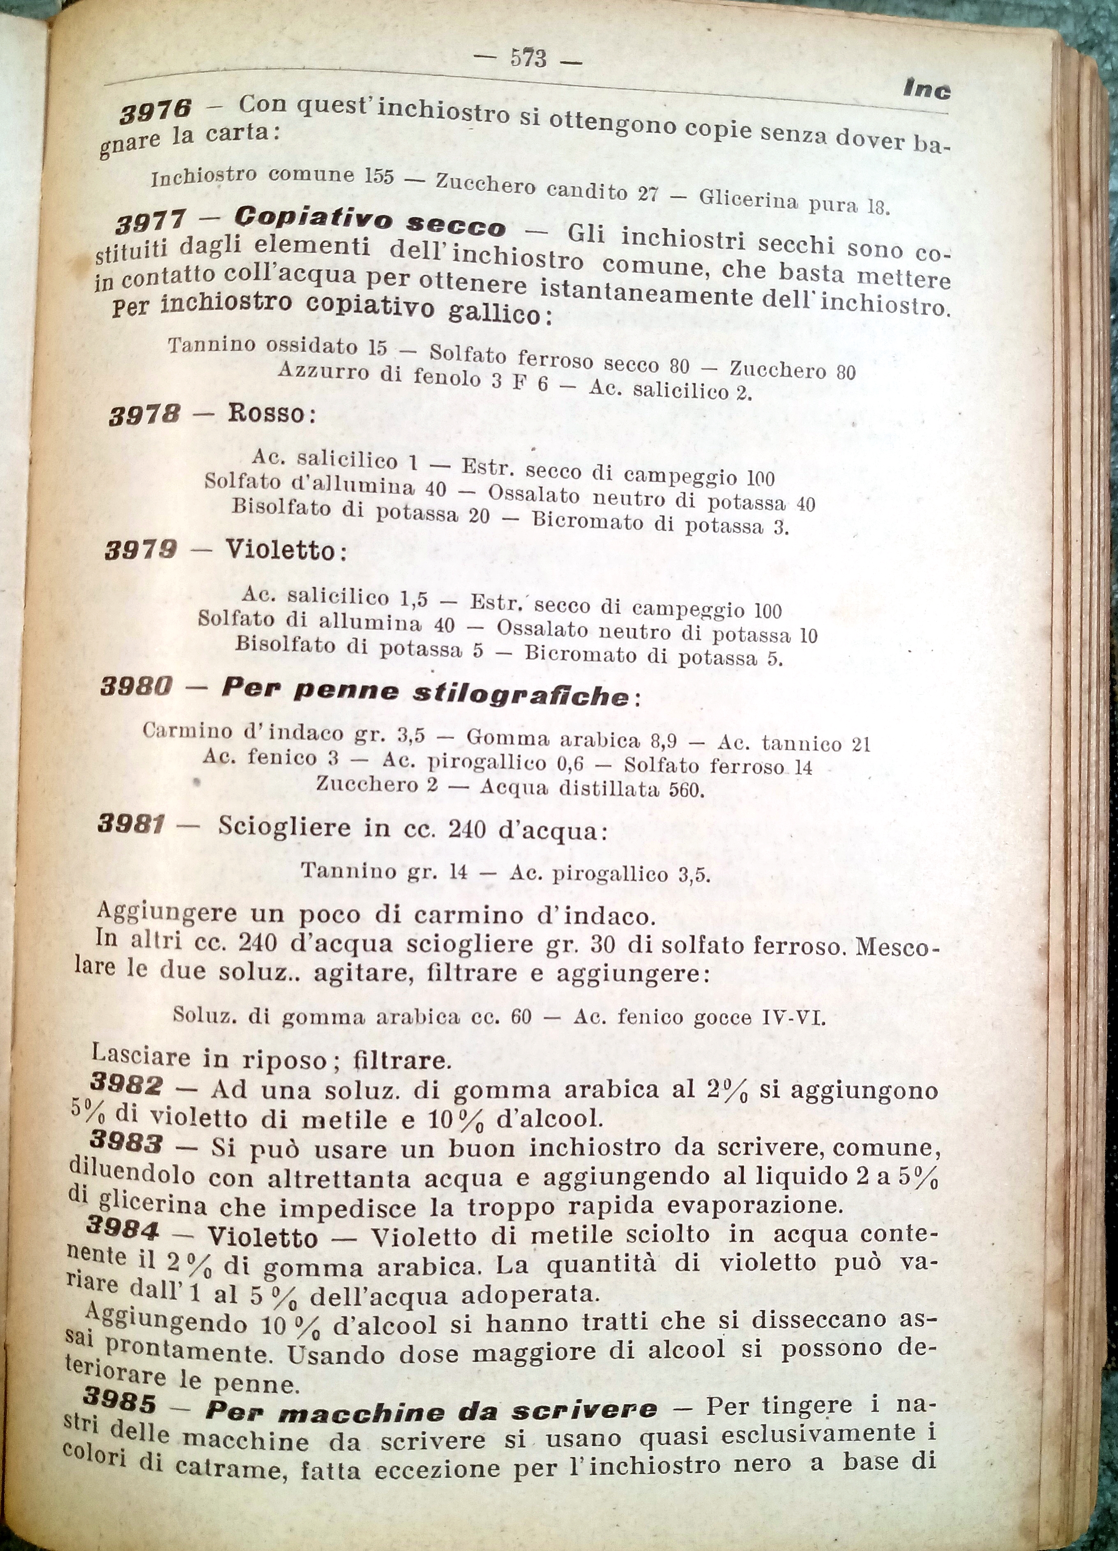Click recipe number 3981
click(131, 824)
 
